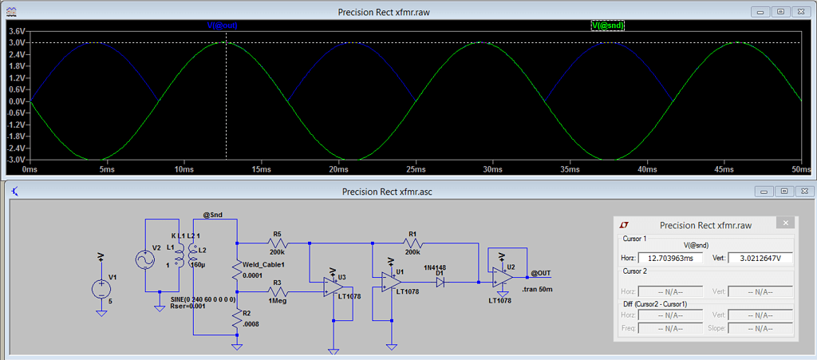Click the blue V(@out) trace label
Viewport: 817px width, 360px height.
(223, 26)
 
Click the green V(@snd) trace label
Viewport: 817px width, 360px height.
(607, 26)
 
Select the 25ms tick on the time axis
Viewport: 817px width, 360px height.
(415, 170)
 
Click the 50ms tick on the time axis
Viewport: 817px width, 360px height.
(801, 170)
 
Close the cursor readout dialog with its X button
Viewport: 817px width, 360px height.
(787, 224)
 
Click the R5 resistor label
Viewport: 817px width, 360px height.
(277, 234)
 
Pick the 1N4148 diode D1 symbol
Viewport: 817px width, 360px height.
(440, 281)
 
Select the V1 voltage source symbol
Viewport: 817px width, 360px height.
(101, 290)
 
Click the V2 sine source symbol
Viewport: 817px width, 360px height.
(145, 259)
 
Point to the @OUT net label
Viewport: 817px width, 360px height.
(540, 273)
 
